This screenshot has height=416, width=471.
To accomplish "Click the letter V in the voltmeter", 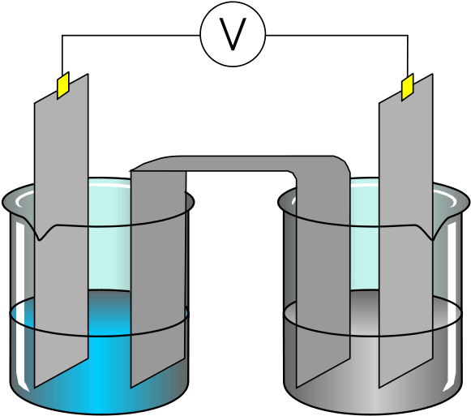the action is click(233, 34).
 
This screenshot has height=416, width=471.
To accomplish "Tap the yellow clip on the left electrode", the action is click(63, 85).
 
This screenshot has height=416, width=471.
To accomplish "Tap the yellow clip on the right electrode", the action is click(408, 87).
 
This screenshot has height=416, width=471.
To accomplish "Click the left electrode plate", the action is click(62, 229).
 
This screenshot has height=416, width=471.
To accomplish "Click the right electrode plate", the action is click(406, 229).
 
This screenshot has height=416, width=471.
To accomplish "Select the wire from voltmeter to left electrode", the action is click(120, 35).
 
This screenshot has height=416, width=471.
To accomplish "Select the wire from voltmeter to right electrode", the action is click(345, 35).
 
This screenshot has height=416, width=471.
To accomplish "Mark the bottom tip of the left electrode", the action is click(35, 388).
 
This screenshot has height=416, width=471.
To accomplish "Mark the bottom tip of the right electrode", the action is click(379, 388).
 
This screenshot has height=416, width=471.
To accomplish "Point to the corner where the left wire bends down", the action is click(62, 35).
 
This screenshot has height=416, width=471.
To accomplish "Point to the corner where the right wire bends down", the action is click(408, 35).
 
